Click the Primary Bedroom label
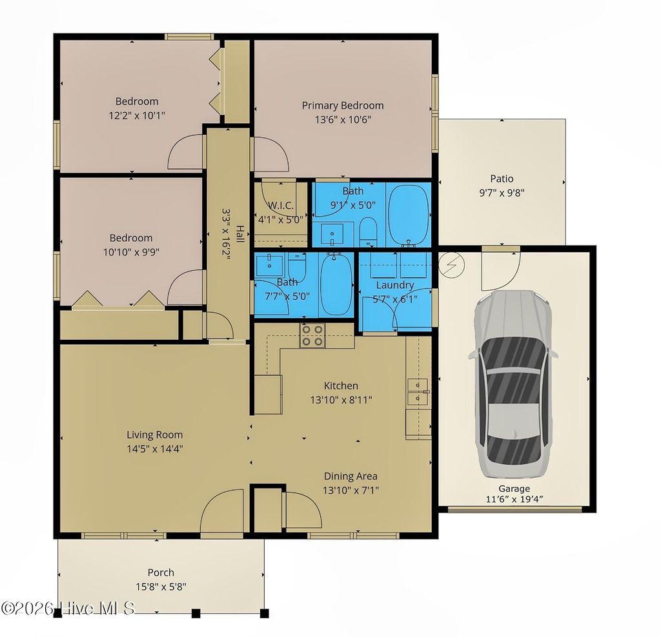(x=343, y=105)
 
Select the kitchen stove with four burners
(x=313, y=335)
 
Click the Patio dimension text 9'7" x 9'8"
(x=502, y=192)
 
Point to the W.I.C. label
(x=281, y=206)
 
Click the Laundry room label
(x=394, y=285)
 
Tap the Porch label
(x=161, y=573)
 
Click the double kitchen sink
(x=418, y=391)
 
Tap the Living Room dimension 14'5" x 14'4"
(x=154, y=449)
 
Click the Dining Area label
(x=351, y=476)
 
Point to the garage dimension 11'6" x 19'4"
(x=514, y=499)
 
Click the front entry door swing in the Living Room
(x=221, y=513)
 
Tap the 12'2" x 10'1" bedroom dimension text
(x=137, y=115)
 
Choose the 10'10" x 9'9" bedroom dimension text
(x=131, y=252)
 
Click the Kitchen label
(x=341, y=386)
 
